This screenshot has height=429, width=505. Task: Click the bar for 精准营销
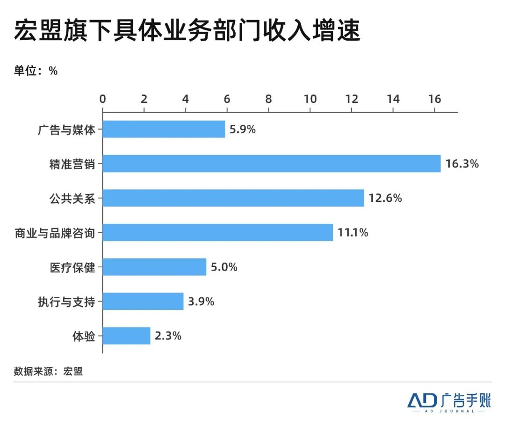pyautogui.click(x=271, y=164)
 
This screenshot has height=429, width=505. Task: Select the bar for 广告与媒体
pyautogui.click(x=164, y=129)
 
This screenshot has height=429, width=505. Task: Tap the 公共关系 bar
pyautogui.click(x=233, y=198)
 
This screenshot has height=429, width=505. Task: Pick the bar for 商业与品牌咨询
pyautogui.click(x=217, y=232)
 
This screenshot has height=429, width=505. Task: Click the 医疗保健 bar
pyautogui.click(x=154, y=267)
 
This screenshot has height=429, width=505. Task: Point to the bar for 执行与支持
pyautogui.click(x=143, y=301)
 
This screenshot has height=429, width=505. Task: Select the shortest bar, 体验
pyautogui.click(x=126, y=336)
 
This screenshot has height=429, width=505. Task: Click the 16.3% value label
pyautogui.click(x=462, y=164)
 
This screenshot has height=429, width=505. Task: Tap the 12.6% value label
pyautogui.click(x=385, y=198)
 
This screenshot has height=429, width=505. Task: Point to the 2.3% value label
pyautogui.click(x=168, y=336)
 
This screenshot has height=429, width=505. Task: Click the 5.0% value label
pyautogui.click(x=224, y=267)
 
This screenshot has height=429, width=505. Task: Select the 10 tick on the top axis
pyautogui.click(x=310, y=99)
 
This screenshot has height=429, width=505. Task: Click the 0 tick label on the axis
pyautogui.click(x=103, y=99)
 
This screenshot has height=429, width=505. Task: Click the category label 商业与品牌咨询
pyautogui.click(x=55, y=233)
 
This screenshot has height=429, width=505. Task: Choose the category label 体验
pyautogui.click(x=84, y=336)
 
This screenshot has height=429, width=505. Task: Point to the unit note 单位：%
pyautogui.click(x=36, y=71)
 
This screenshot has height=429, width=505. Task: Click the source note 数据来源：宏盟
pyautogui.click(x=48, y=372)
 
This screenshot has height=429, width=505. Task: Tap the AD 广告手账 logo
pyautogui.click(x=448, y=401)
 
